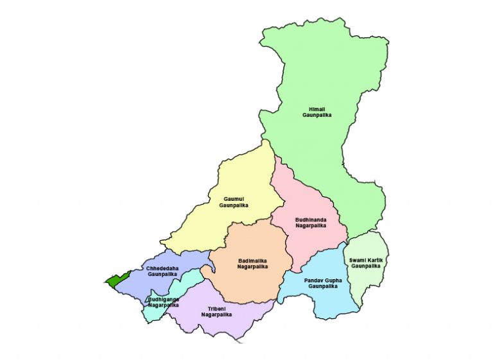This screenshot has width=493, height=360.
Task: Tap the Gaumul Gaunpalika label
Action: pos(233,202)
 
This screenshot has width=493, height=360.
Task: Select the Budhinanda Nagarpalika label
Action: pos(311,223)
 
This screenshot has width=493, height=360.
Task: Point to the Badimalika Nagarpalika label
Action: pos(252,263)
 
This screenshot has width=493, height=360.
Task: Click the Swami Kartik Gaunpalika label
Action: pos(366,262)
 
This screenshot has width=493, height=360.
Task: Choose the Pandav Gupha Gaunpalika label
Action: pos(322,283)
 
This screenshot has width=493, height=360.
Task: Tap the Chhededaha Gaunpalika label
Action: pos(162,271)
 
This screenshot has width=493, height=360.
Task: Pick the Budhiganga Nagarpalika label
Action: pos(163,302)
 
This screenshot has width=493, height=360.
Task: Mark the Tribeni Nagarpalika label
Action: pos(216,311)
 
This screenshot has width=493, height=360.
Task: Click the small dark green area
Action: pos(116,279)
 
